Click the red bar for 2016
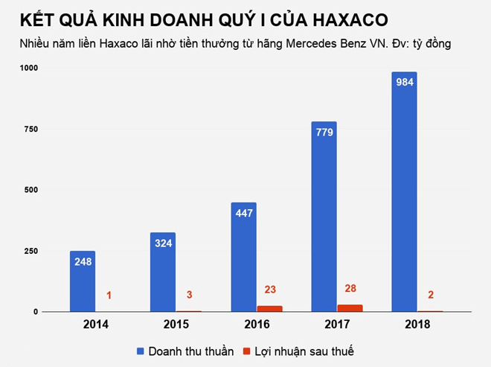coord(269,308)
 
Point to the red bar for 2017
coord(350,307)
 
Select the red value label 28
coord(350,288)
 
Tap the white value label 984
coord(404,83)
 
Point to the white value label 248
coord(83,261)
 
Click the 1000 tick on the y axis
coord(29,68)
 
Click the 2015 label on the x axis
coord(176,325)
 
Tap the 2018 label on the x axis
coord(417,325)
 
